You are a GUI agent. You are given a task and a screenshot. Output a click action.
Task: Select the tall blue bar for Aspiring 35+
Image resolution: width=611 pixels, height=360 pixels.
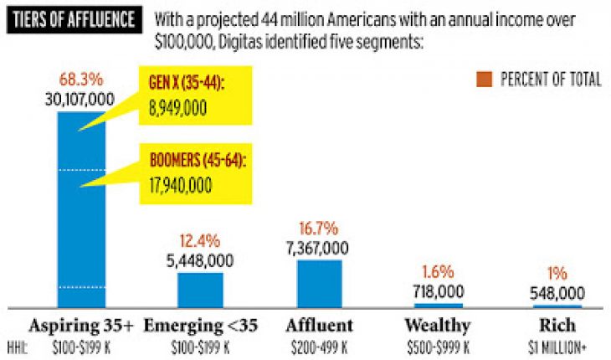coord(81,209)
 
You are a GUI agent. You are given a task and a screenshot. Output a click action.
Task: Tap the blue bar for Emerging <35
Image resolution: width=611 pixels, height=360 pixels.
coord(201,290)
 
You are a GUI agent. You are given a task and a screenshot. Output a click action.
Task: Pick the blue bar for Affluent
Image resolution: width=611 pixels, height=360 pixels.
coord(320,283)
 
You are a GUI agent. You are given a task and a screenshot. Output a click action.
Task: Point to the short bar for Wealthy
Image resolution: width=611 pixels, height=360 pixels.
coord(439,305)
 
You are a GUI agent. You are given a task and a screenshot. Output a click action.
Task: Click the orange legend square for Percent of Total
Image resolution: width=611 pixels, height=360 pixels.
coord(483,80)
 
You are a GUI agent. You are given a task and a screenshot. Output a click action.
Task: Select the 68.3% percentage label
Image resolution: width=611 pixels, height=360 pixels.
coord(81,81)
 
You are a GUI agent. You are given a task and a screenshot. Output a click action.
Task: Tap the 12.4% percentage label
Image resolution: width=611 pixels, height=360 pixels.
coord(201,242)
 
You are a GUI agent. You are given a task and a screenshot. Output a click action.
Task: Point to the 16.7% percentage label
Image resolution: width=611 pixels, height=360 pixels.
coord(320,229)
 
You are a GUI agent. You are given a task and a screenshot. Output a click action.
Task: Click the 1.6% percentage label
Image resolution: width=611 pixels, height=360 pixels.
coord(439,272)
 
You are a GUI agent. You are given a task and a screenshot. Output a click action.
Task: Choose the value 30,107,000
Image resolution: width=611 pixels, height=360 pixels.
coord(81,99)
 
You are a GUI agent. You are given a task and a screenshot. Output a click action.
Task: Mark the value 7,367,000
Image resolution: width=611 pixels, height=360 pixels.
coord(320,247)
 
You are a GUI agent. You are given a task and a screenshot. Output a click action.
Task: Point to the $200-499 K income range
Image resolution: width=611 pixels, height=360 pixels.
coord(320,344)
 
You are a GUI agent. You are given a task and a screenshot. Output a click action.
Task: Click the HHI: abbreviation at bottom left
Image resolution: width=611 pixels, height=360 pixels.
coord(18,344)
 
